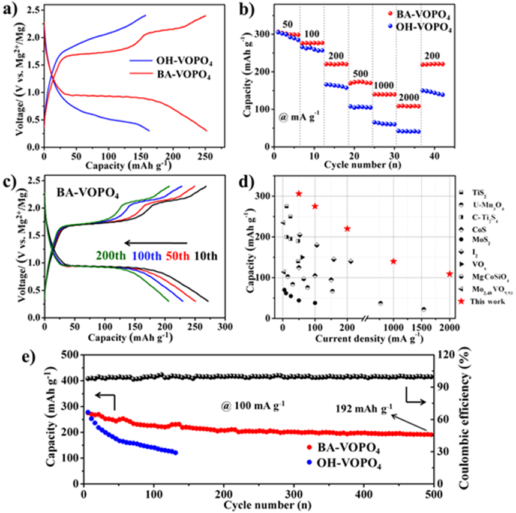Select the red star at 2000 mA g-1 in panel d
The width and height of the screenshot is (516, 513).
coord(449,274)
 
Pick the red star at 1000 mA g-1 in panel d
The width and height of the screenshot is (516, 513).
coord(394,261)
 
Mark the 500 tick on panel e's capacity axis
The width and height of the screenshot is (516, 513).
coord(69,355)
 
